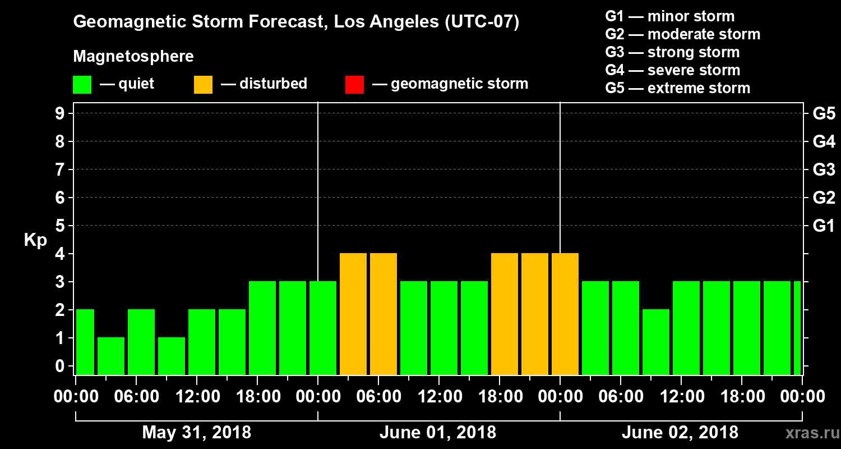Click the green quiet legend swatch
point(82,85)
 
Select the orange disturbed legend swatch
point(203,85)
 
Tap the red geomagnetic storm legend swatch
point(354,85)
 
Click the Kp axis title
point(35,240)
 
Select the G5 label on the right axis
point(824,114)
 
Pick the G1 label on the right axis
point(824,226)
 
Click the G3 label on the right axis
point(824,170)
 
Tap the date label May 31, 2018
point(196,433)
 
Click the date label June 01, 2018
point(438,433)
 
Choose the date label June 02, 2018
point(680,433)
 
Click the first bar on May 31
point(85,342)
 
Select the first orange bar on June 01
point(353,314)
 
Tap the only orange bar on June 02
point(565,314)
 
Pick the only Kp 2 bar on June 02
point(656,342)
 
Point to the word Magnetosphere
point(133,57)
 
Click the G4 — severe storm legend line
point(673,70)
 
